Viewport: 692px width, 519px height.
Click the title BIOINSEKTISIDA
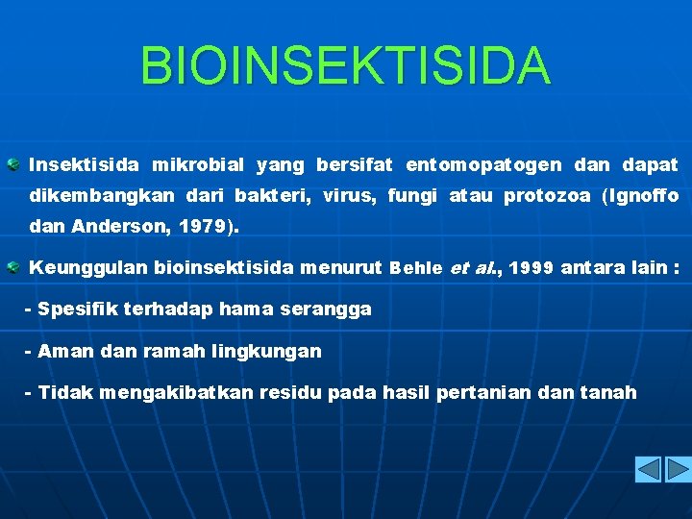[346, 65]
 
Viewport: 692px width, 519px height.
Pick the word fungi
[412, 197]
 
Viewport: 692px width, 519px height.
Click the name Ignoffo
[647, 197]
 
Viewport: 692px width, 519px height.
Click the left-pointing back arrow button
[649, 470]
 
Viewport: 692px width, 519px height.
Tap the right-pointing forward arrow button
[679, 470]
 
